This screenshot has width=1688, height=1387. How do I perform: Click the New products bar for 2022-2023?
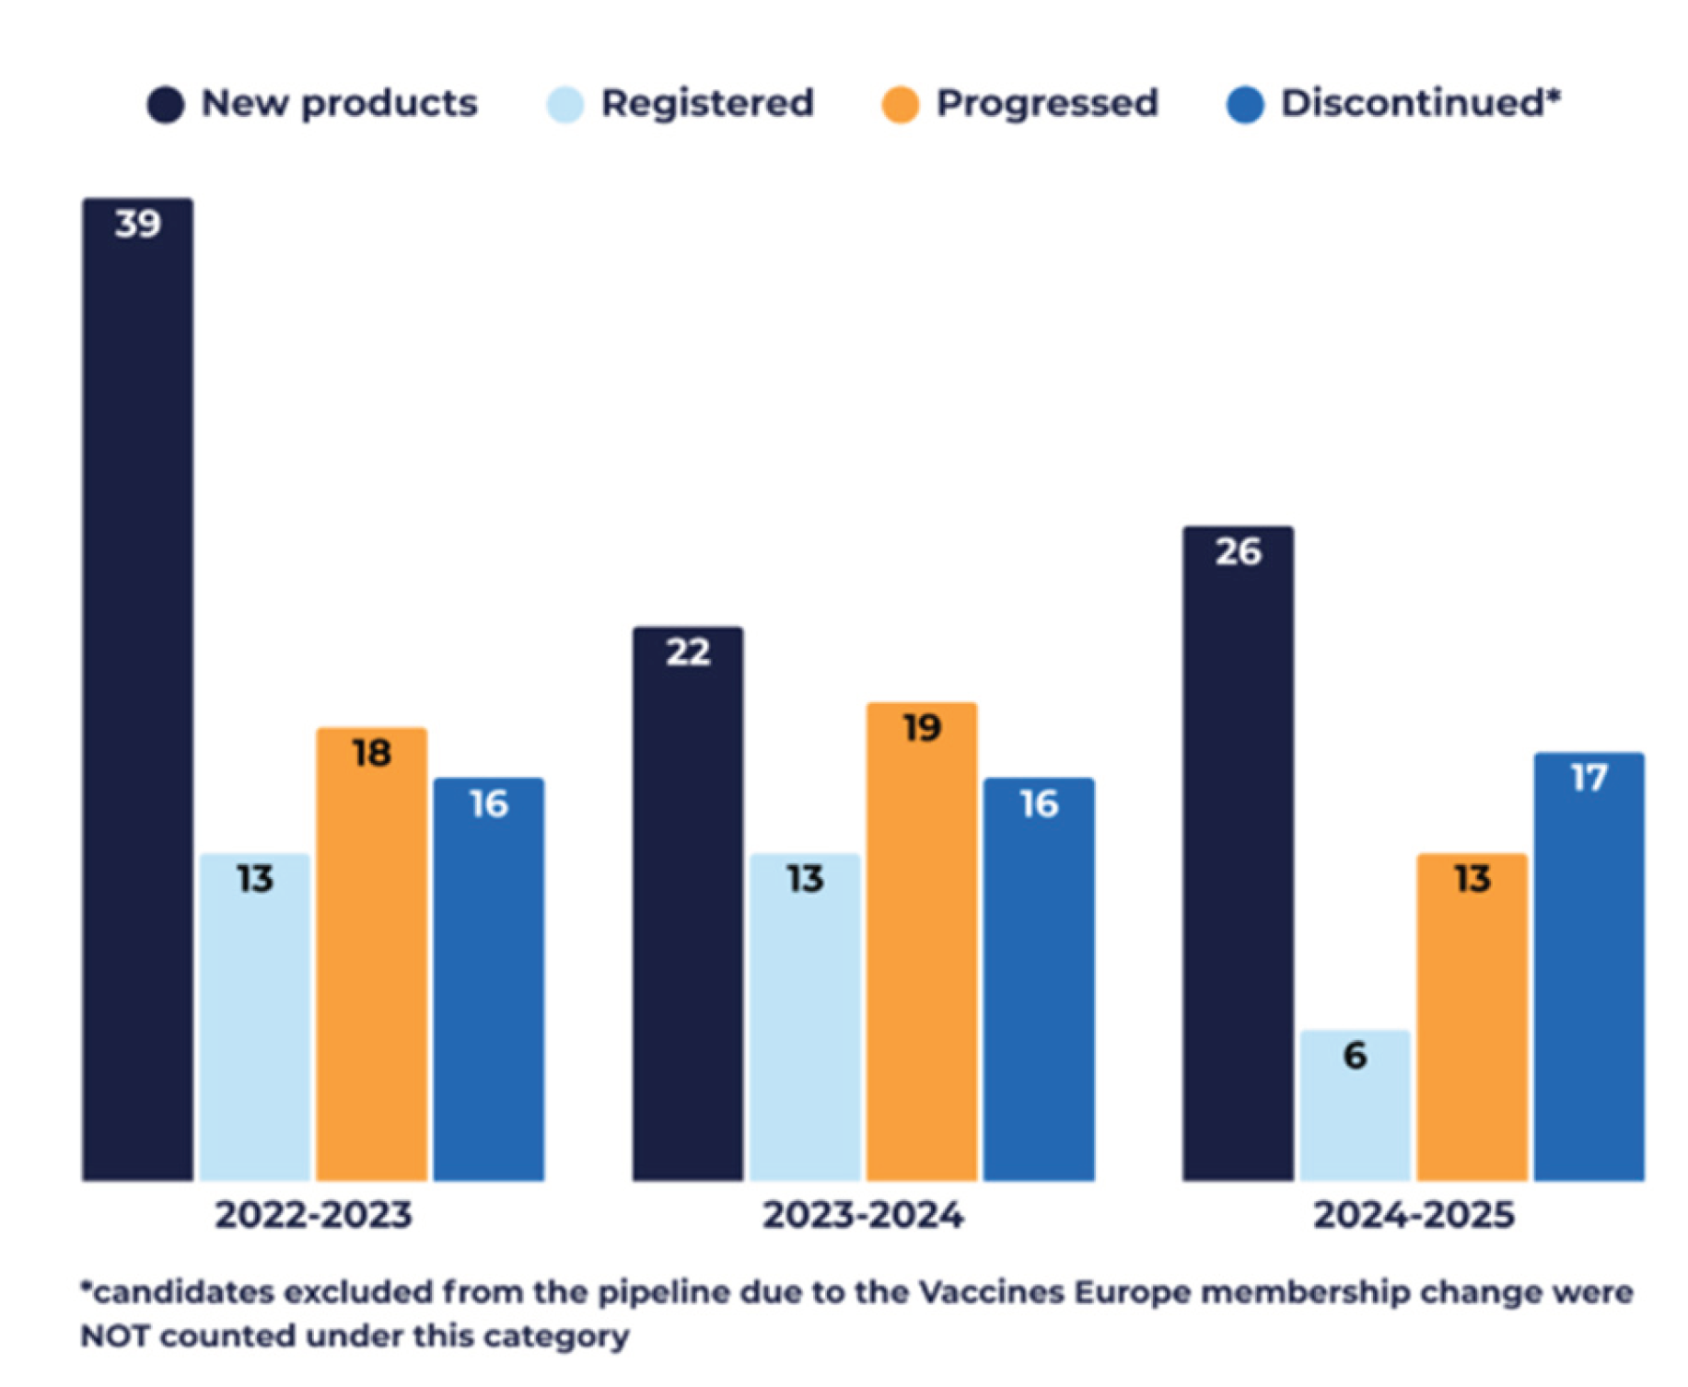tap(137, 688)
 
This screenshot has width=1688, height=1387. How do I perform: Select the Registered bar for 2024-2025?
tap(1355, 1104)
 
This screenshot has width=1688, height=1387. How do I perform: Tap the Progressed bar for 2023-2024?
tap(921, 941)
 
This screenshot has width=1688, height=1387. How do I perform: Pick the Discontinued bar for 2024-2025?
tap(1589, 966)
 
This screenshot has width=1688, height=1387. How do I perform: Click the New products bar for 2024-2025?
tap(1238, 853)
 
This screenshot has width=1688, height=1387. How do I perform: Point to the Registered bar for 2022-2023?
tap(254, 1017)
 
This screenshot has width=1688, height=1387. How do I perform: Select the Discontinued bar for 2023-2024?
tap(1039, 979)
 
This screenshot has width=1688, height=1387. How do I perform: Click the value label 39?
tap(138, 224)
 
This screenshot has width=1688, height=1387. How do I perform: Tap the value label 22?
tap(688, 653)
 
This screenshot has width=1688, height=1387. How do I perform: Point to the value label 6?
tap(1355, 1055)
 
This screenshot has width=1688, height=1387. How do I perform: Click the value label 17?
tap(1589, 779)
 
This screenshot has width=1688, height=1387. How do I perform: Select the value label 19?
tap(922, 728)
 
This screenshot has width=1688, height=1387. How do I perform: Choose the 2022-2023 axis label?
tap(313, 1215)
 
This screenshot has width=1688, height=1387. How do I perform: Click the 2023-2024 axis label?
tap(863, 1215)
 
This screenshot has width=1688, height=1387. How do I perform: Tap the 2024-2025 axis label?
tap(1414, 1215)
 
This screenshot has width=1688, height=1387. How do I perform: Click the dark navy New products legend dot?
tap(166, 104)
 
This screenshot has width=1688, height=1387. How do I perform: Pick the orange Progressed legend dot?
tap(900, 104)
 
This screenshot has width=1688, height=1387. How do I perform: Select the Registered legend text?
tap(707, 103)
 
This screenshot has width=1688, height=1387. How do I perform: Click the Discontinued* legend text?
tap(1421, 102)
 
